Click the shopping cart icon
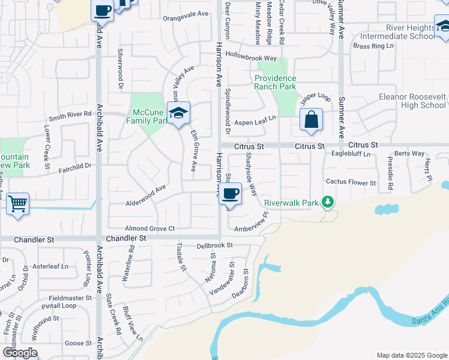point(18,203)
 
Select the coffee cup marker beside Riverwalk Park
point(231,193)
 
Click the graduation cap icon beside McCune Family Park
point(178,113)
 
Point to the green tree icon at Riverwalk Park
point(328,202)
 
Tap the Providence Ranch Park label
point(275,82)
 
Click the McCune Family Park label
point(149,116)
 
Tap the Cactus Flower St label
point(351,182)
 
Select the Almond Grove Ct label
point(149,229)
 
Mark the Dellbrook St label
point(214,246)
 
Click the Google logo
point(20,353)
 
